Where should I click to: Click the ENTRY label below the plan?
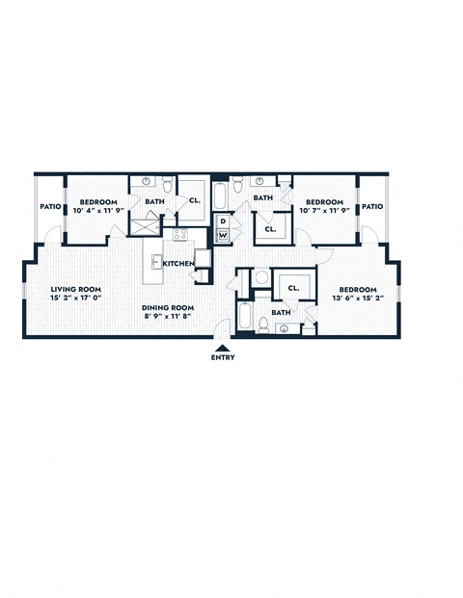tap(222, 359)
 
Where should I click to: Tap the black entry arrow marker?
tap(223, 349)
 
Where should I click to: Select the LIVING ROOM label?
tap(76, 288)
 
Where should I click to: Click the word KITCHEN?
tap(178, 263)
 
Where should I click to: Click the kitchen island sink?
tap(154, 260)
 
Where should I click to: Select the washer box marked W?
tap(223, 235)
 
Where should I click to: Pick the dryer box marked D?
tap(223, 221)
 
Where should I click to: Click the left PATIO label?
tap(50, 206)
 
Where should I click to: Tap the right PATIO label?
tap(372, 206)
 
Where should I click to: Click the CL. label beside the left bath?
tap(194, 201)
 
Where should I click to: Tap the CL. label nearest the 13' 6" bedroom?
tap(293, 287)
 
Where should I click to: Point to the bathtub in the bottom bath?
tap(243, 319)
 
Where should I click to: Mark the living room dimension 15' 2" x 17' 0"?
tap(76, 298)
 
